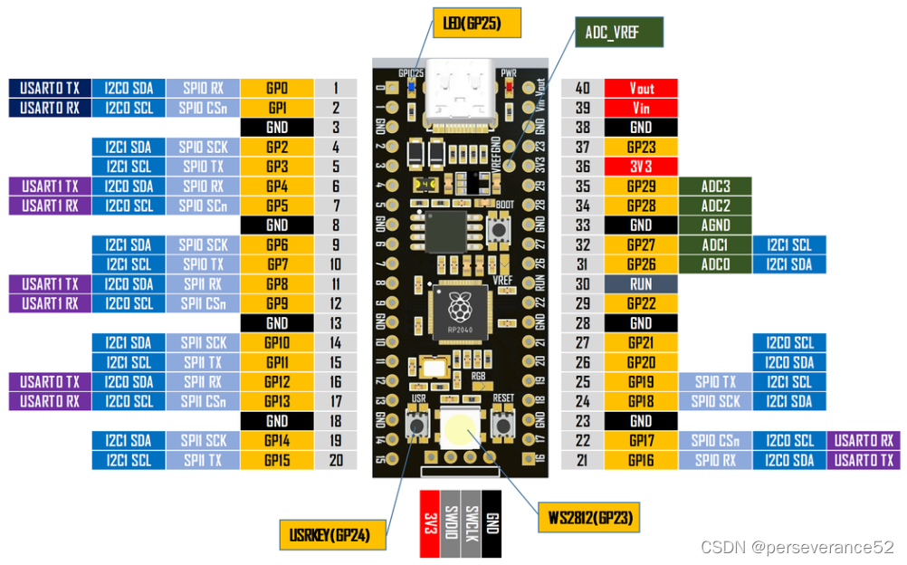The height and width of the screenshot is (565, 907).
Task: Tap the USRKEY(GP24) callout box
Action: click(x=331, y=534)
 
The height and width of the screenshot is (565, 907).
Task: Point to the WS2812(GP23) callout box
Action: click(x=588, y=518)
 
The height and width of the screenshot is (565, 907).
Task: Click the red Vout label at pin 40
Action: click(x=641, y=88)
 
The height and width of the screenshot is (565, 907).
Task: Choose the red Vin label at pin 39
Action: click(x=641, y=108)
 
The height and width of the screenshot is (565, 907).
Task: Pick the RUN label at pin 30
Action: click(x=641, y=284)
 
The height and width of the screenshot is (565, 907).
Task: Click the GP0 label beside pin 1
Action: click(x=276, y=88)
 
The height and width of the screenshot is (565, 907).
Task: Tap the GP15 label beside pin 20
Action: click(x=276, y=460)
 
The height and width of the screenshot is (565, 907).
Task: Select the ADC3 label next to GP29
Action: click(x=715, y=186)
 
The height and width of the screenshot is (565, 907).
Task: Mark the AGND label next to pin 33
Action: click(x=715, y=225)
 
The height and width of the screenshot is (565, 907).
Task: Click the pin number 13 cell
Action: click(x=336, y=323)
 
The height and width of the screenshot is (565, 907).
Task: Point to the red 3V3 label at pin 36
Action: click(x=641, y=167)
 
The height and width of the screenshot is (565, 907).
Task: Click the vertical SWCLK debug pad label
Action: click(x=471, y=523)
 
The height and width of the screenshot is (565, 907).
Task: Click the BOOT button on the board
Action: click(x=496, y=228)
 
